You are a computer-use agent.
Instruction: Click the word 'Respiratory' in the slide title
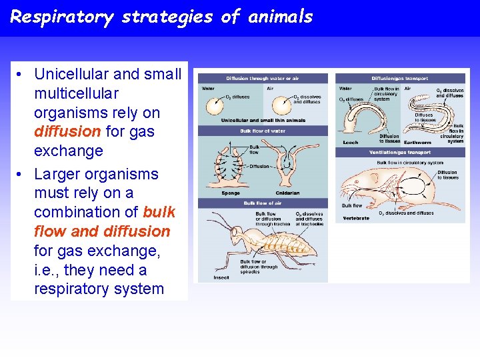62,17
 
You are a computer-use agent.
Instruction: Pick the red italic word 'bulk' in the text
159,212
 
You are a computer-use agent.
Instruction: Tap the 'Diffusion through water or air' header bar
263,79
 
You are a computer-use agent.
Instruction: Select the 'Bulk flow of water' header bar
263,131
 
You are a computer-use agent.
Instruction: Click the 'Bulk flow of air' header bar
263,203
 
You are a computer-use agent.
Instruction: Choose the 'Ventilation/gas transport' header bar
400,153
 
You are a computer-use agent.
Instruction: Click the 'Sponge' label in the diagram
231,193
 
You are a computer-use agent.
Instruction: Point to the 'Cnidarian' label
288,193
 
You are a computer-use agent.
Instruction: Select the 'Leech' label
350,142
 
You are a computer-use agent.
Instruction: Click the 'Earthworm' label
417,142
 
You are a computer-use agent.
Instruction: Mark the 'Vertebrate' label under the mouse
355,218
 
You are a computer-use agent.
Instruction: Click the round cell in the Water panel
215,106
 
